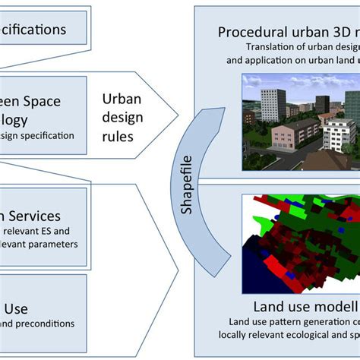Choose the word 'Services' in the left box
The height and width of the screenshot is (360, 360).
[x=46, y=216]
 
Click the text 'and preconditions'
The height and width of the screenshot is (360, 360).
[x=38, y=324]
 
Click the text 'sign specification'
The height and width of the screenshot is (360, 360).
[x=38, y=136]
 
